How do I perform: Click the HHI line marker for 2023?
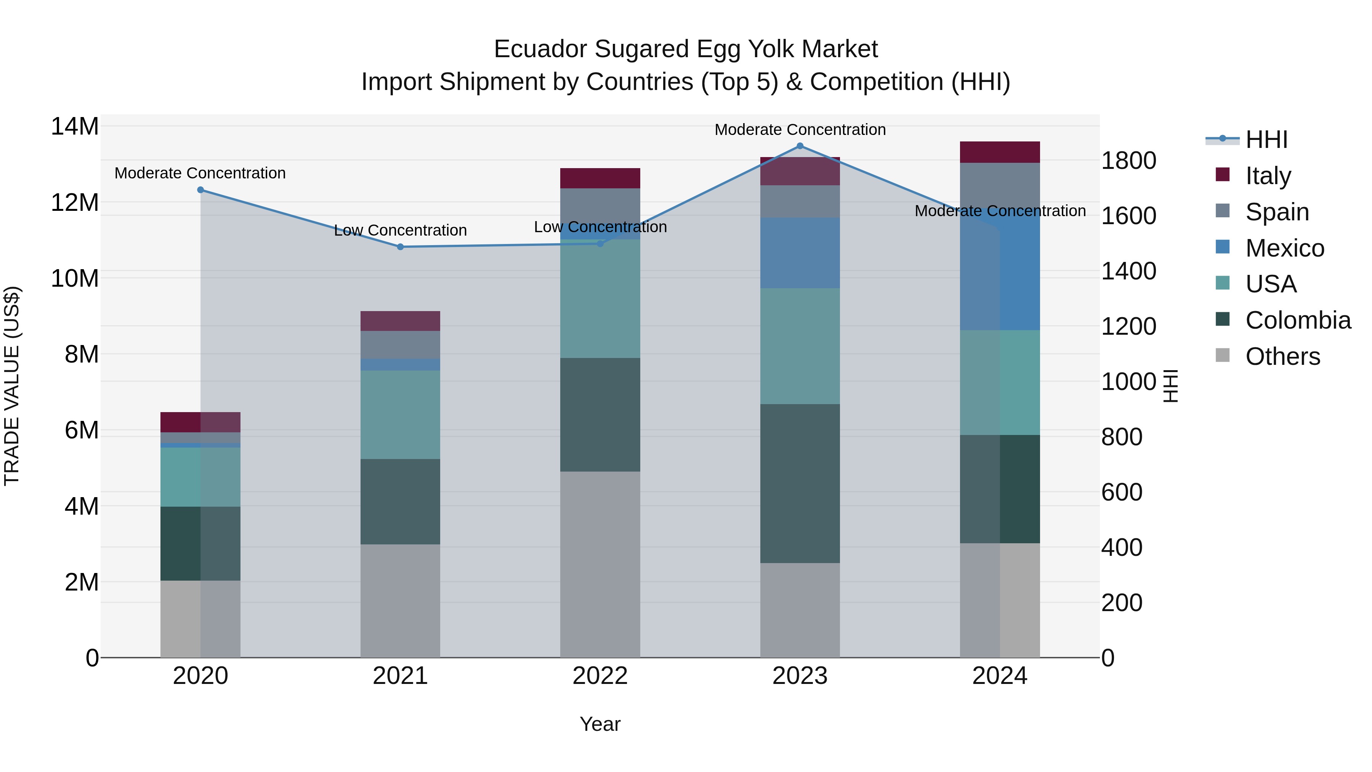pos(800,146)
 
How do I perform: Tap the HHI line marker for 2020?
pos(201,190)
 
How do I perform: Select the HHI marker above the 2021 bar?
pos(401,247)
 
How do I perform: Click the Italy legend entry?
pos(1268,175)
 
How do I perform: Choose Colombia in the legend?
pos(1297,320)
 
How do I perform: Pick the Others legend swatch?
pos(1223,355)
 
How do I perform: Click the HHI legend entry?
pos(1266,140)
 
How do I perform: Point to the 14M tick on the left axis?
pos(75,127)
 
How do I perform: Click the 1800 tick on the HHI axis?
pos(1128,160)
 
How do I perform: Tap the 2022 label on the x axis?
pos(600,676)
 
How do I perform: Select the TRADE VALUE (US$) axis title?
pos(12,386)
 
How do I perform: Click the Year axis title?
pos(600,724)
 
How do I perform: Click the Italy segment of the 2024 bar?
pos(999,152)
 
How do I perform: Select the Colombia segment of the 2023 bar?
pos(800,483)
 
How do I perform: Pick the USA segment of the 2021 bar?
pos(400,414)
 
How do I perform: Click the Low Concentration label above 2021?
pos(400,230)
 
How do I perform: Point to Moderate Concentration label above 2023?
pos(800,130)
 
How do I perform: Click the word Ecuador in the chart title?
pos(540,49)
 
